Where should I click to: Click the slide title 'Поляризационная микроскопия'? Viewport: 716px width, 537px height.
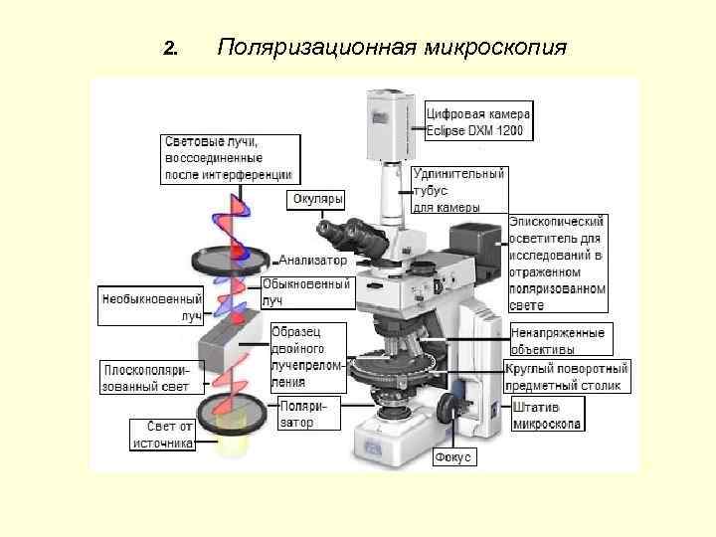(392, 48)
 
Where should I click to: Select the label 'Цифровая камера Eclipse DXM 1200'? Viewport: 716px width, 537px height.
(479, 120)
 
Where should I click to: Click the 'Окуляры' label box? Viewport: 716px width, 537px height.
(317, 200)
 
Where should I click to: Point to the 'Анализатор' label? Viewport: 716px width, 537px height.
(313, 260)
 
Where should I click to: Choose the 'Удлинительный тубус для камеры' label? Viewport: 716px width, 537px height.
(458, 190)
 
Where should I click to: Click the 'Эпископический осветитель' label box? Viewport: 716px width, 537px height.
(556, 255)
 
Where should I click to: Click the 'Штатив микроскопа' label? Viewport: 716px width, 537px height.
(547, 415)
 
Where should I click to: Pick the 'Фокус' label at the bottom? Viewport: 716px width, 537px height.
(454, 457)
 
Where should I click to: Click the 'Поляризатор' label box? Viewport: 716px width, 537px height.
(308, 414)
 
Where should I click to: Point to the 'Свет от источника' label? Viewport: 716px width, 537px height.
(162, 435)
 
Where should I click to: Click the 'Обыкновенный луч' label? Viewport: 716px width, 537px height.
(305, 290)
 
